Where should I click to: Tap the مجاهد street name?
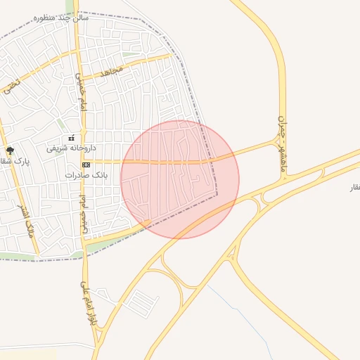coord(111,70)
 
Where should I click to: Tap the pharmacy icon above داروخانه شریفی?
coord(70,138)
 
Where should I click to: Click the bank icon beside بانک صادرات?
coord(86,165)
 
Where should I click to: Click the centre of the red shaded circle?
coord(180,179)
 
